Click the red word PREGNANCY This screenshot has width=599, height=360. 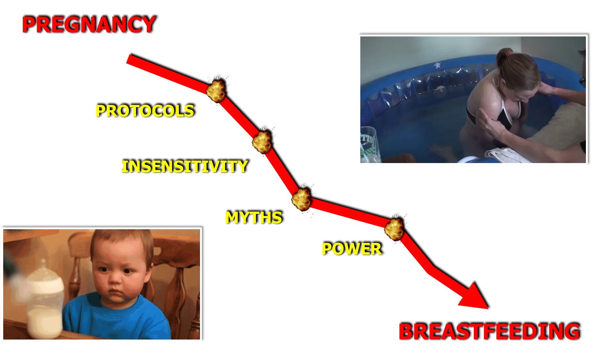coord(89,24)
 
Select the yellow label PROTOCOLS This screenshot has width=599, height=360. coord(145,111)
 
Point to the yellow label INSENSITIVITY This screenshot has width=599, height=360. coord(185,166)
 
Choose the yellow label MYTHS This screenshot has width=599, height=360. coord(254,217)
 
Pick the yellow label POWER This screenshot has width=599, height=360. coord(352,249)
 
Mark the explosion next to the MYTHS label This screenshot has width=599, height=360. coord(301,199)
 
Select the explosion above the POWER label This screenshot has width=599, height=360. coord(394,228)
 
